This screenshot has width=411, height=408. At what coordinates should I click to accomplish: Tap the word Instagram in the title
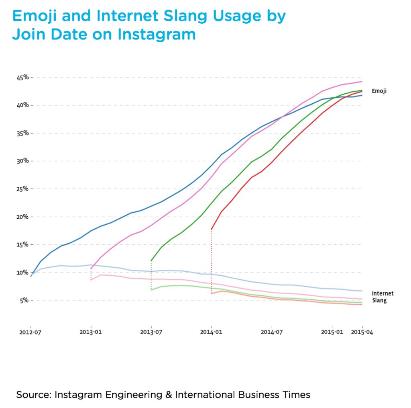tap(157, 35)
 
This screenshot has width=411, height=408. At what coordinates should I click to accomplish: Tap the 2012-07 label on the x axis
tap(31, 332)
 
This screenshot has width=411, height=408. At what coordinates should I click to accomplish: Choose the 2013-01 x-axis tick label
tap(91, 332)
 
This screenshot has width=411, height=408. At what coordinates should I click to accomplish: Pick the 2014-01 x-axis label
tap(212, 332)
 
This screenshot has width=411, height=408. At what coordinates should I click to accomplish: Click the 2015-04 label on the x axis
tap(362, 332)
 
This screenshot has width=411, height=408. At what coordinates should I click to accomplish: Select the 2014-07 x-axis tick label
tap(272, 332)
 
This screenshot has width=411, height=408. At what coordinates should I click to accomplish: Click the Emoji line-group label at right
tap(379, 91)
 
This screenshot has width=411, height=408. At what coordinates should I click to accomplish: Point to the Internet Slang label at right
tap(382, 297)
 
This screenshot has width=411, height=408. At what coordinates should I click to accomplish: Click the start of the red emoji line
tap(212, 229)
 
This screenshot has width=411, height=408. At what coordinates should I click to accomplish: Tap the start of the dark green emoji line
tap(151, 260)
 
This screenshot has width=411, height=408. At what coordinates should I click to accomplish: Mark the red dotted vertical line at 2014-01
tap(212, 261)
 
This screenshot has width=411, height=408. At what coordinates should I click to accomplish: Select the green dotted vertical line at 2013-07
tap(151, 275)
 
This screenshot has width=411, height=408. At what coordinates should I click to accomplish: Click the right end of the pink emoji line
tap(362, 82)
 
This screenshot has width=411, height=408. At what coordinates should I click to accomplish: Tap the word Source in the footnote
tap(33, 394)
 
